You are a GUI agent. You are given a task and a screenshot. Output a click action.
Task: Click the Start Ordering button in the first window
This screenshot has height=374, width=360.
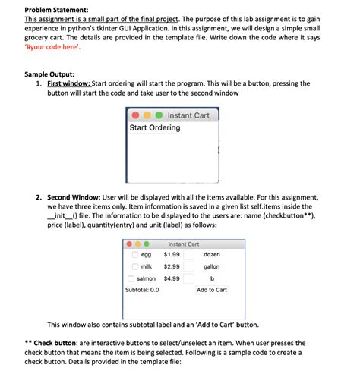tap(155, 128)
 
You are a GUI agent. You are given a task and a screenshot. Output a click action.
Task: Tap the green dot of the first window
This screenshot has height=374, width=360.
tap(158, 115)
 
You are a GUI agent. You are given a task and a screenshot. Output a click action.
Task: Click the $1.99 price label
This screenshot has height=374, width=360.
tap(172, 255)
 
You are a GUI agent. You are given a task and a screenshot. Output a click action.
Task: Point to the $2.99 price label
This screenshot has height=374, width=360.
tap(172, 267)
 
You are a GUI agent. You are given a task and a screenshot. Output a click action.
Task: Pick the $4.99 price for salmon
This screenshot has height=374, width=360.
tap(172, 279)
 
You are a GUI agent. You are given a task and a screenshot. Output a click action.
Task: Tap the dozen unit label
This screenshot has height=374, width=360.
tap(212, 255)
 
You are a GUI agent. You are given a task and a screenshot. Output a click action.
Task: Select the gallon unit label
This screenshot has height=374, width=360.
tap(212, 267)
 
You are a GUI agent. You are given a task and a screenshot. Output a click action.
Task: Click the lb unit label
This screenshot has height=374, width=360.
tap(212, 279)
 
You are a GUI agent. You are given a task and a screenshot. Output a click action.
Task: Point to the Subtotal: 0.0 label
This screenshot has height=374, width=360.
tap(142, 290)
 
